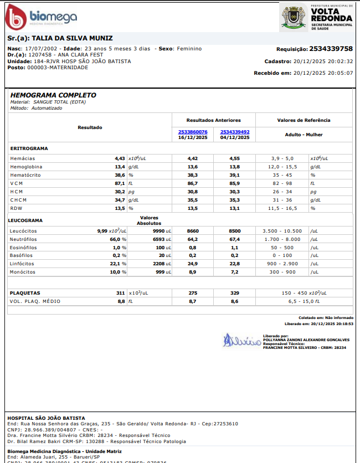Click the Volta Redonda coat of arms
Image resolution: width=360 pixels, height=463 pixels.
coord(294,17)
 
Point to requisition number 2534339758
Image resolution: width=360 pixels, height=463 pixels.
coord(331,49)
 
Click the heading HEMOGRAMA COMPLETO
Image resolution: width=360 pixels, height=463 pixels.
coord(53,95)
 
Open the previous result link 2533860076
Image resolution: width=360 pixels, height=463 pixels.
coord(193,132)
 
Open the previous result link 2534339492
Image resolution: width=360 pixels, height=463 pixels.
coord(235,132)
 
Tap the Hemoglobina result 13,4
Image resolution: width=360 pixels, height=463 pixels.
coord(120,167)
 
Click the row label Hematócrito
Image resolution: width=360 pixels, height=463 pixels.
coord(26,175)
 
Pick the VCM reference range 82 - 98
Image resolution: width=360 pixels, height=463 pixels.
coord(281,183)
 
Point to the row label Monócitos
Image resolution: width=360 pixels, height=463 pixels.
coord(23,272)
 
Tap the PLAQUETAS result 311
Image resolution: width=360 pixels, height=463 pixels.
coord(120,292)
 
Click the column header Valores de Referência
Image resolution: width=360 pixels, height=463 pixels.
coord(304,120)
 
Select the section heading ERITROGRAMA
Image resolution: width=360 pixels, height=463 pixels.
coord(29,148)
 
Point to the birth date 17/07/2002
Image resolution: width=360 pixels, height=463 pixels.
coord(43,49)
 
